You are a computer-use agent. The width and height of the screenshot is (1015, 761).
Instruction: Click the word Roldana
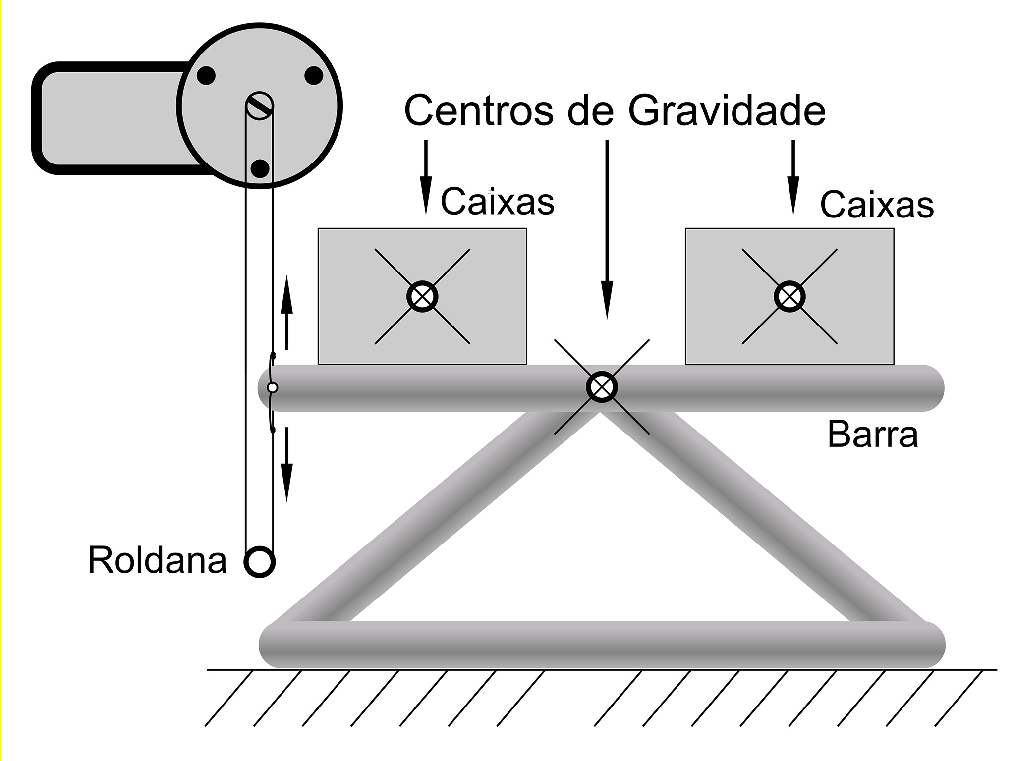157,560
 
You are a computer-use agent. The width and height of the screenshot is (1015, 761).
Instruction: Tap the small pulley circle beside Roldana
260,562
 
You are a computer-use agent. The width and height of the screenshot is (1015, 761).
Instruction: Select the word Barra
872,435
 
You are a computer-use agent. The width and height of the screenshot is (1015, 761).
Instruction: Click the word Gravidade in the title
727,110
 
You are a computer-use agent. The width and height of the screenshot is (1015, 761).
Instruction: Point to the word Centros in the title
479,110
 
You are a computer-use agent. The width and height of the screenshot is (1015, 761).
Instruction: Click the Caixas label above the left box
497,201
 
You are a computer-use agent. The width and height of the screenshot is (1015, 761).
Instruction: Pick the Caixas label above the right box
877,205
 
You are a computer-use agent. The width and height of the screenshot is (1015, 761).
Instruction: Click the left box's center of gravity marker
422,296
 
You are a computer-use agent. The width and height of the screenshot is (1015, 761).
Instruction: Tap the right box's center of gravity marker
789,296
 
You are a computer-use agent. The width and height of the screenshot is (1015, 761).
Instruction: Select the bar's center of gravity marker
602,387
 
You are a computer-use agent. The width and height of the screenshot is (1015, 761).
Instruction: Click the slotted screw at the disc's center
259,106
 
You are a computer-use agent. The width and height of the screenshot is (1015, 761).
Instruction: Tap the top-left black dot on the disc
206,76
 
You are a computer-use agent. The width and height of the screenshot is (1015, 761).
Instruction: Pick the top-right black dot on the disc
314,76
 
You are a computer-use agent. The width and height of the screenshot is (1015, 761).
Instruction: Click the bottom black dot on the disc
260,168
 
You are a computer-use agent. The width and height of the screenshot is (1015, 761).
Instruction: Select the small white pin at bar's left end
272,387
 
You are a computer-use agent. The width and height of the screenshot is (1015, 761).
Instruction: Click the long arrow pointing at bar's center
607,228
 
